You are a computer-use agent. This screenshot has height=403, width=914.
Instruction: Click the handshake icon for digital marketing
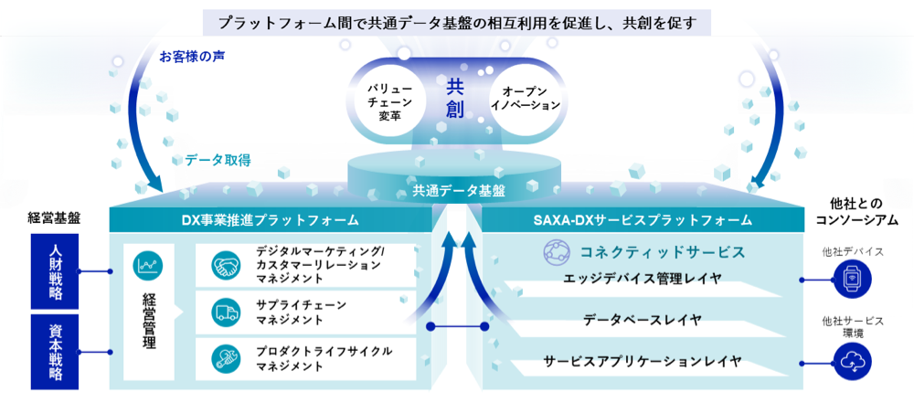click(x=226, y=265)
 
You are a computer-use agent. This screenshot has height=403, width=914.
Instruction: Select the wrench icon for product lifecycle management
click(x=226, y=358)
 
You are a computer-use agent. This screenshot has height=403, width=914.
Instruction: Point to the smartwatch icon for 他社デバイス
click(x=852, y=280)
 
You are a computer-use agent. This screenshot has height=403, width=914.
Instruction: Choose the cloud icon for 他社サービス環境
click(x=852, y=363)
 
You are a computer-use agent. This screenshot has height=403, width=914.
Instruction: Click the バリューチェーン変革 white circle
click(x=390, y=99)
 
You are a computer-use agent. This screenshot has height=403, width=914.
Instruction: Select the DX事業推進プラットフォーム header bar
click(x=270, y=220)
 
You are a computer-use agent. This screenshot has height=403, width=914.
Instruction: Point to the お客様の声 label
click(x=192, y=57)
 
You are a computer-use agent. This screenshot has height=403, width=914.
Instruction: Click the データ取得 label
click(x=218, y=161)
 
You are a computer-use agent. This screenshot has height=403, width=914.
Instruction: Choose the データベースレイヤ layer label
click(x=642, y=320)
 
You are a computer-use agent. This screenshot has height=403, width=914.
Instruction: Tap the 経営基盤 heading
click(x=54, y=218)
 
